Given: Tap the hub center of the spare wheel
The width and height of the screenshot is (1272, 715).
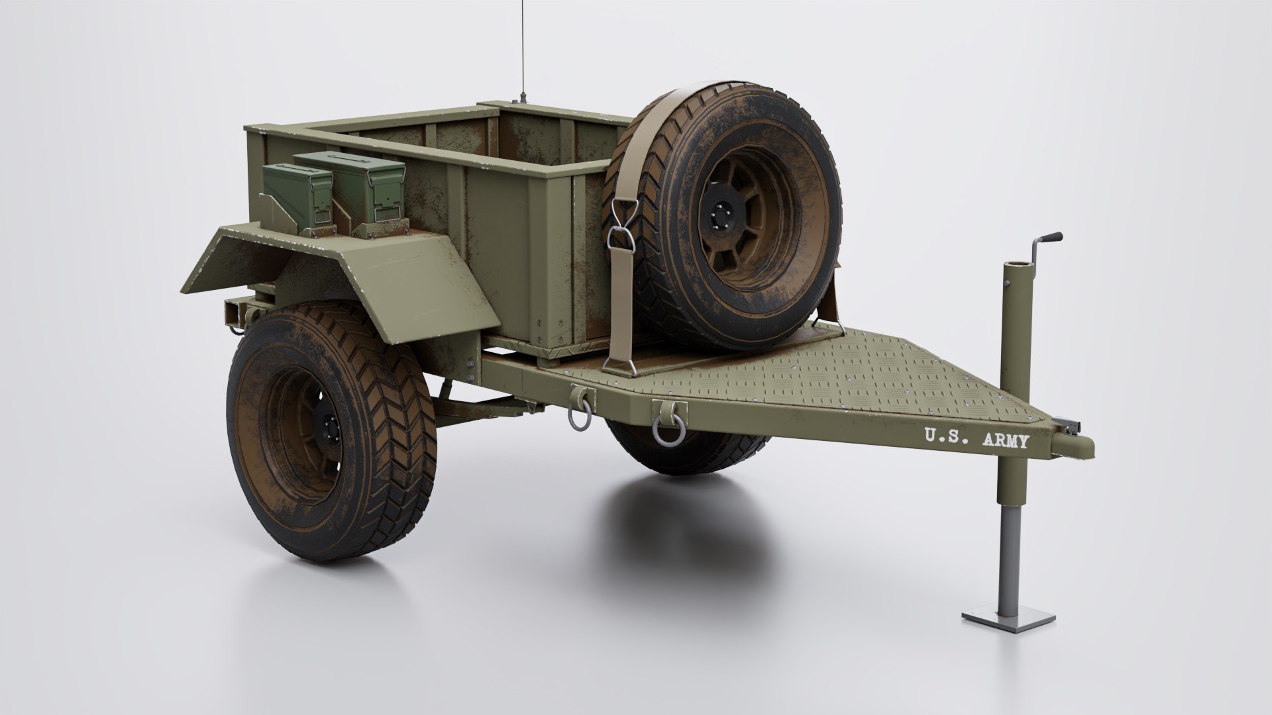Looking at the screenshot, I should point(723,218).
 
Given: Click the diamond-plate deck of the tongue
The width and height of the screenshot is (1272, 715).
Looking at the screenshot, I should point(828,384).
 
